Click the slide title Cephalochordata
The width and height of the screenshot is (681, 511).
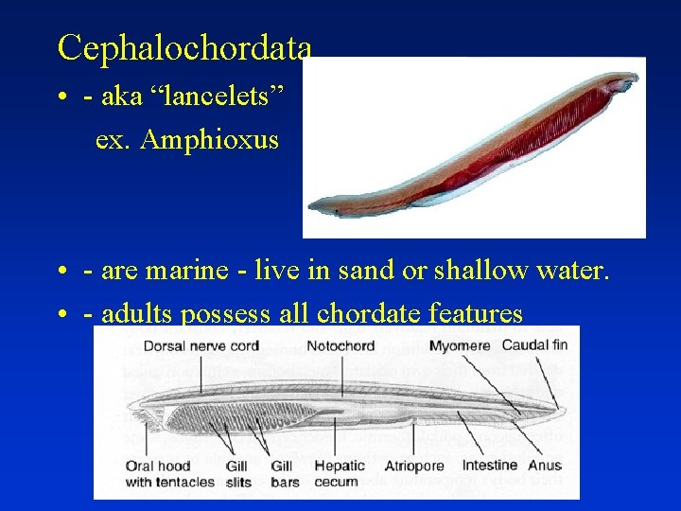click(x=183, y=46)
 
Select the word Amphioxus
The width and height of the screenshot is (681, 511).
click(x=209, y=140)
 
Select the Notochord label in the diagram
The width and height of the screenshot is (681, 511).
click(x=340, y=346)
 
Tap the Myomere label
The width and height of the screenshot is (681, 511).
click(x=459, y=346)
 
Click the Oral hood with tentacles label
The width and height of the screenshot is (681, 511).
click(x=170, y=473)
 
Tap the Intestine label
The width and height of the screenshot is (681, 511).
click(x=490, y=466)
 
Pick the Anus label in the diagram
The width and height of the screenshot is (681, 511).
click(x=545, y=466)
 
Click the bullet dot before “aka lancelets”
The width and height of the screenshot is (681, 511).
click(x=61, y=97)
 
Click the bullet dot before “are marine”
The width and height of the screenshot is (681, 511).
click(x=61, y=273)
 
